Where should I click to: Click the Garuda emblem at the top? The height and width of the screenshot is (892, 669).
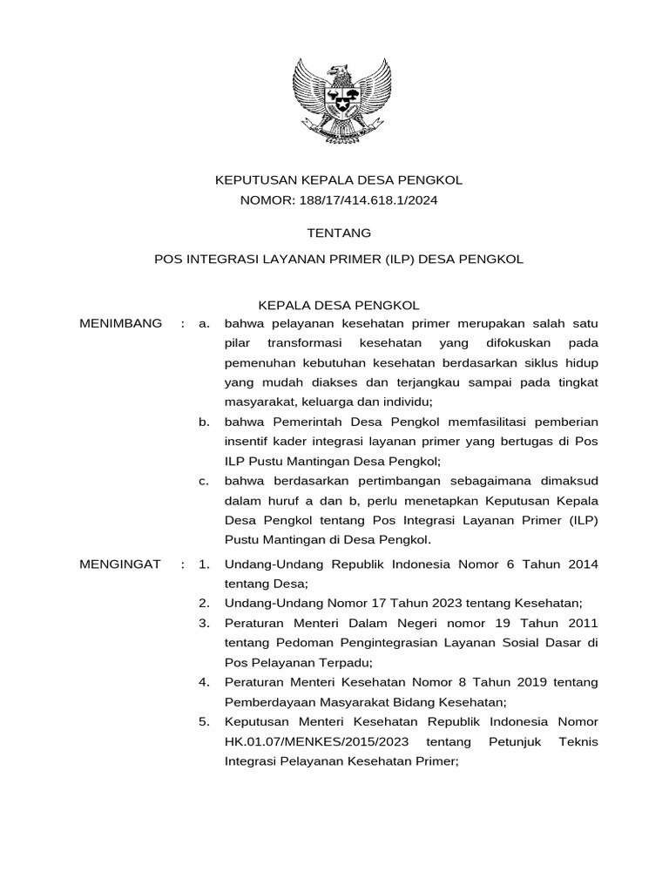(x=338, y=100)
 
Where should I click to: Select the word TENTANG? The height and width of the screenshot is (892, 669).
(x=339, y=233)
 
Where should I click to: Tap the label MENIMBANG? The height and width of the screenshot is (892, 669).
(x=120, y=324)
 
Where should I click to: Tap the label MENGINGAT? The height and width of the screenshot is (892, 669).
(x=120, y=564)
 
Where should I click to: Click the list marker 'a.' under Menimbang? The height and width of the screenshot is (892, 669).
(x=205, y=324)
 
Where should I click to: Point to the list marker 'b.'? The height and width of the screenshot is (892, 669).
(x=205, y=422)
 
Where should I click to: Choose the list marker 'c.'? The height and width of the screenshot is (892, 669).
(x=205, y=481)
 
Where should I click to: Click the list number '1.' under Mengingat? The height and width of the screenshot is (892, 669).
(x=205, y=564)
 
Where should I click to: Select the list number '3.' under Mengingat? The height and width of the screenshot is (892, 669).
(x=205, y=624)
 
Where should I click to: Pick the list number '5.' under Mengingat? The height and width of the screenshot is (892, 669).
(x=205, y=722)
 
